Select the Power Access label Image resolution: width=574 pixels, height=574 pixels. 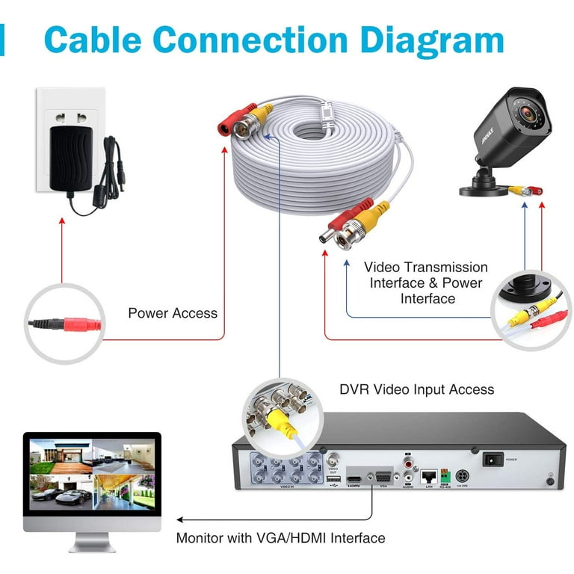(173, 313)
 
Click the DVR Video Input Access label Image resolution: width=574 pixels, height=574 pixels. (416, 389)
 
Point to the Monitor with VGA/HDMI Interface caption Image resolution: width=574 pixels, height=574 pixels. (280, 537)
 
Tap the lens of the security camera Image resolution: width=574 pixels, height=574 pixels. (534, 116)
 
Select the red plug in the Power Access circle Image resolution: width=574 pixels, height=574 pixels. (82, 325)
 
